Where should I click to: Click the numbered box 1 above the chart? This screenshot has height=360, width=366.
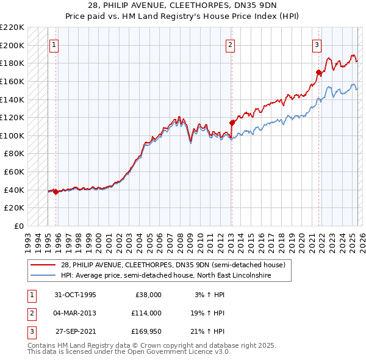54,45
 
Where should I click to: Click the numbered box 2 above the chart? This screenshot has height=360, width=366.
231,45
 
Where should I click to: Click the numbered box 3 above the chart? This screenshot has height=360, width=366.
317,45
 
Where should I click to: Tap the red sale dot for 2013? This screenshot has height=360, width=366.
232,123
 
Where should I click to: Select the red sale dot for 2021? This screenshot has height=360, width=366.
318,72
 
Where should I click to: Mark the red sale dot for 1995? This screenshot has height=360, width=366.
56,192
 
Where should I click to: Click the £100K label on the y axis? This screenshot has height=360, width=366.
12,135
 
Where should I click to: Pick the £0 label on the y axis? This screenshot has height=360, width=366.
18,226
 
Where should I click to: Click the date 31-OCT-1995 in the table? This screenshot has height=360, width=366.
74,295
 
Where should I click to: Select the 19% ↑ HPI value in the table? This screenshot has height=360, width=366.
207,313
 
